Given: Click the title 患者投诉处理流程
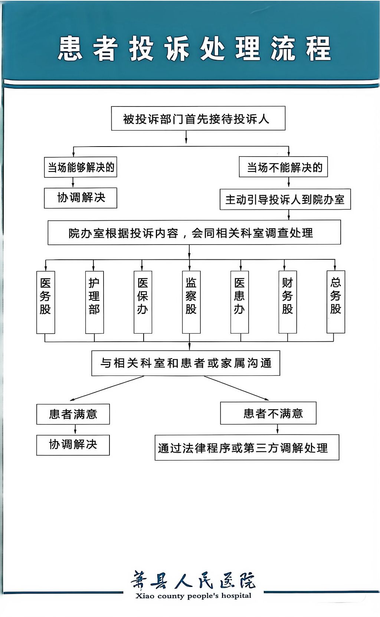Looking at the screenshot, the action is (x=194, y=49).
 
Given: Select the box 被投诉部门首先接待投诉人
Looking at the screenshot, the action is (x=198, y=118).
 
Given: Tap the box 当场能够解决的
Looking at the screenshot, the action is (x=81, y=167).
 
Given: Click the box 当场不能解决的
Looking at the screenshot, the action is (x=283, y=167).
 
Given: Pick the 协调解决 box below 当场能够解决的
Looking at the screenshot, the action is (x=81, y=198).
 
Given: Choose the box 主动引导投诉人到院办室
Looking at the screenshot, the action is (x=285, y=199).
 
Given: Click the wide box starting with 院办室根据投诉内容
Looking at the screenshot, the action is (x=194, y=232).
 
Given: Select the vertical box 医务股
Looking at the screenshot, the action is (x=46, y=302).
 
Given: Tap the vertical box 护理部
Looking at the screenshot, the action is (x=95, y=302).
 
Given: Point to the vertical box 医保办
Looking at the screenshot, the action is (x=143, y=302).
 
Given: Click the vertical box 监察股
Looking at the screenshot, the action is (x=191, y=302).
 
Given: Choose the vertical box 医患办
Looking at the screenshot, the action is (x=239, y=302).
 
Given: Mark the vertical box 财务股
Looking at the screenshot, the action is (x=288, y=302).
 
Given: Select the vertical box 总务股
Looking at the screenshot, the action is (x=335, y=302).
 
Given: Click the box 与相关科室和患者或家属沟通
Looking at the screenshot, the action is (x=186, y=363).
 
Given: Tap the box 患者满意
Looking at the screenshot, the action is (x=73, y=414).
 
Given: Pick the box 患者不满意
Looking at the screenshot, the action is (x=268, y=413).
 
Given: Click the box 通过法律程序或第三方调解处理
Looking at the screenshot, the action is (x=247, y=447).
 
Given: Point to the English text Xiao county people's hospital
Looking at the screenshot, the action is (x=193, y=596).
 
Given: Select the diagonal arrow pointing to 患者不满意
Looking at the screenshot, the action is (x=236, y=388).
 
